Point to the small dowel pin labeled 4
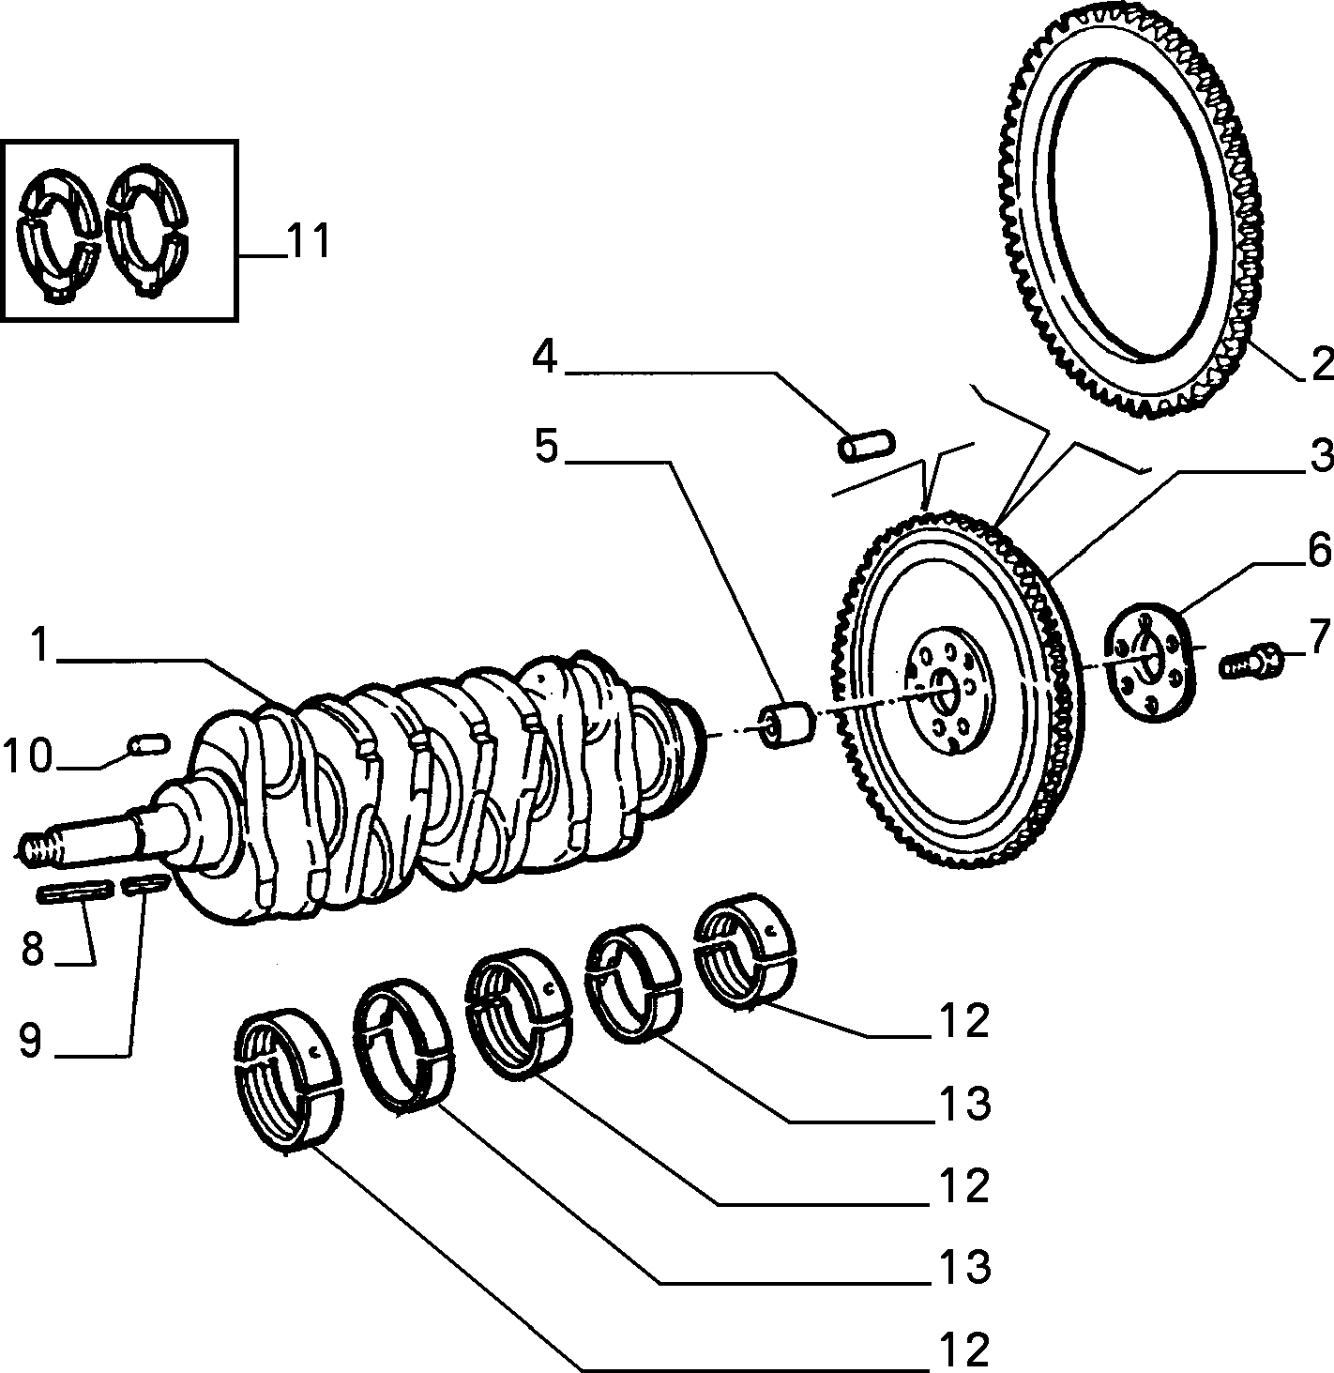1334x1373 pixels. [866, 445]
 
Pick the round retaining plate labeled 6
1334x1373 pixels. [1150, 661]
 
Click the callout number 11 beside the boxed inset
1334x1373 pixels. [309, 240]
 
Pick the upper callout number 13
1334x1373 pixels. [964, 1102]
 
